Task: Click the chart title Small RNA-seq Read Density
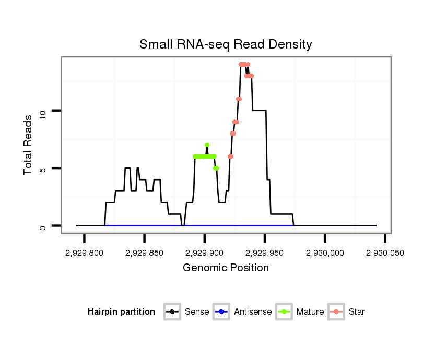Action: coord(226,44)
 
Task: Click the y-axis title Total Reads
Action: coord(29,145)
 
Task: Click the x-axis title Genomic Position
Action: coord(226,268)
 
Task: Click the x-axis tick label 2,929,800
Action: coord(85,253)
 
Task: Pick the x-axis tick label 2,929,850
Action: coord(145,253)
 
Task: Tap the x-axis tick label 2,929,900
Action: coord(205,253)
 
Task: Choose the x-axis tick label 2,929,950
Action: coord(265,253)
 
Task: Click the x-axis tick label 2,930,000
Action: coord(325,253)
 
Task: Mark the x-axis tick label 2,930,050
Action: coord(385,253)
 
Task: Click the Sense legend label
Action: coord(196,312)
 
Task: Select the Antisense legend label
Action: coord(252,312)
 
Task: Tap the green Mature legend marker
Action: coord(284,312)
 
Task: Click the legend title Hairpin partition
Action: coord(122,312)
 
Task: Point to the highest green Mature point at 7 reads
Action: coord(207,145)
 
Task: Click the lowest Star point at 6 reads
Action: coord(230,157)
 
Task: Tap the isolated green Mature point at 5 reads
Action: coord(216,168)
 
